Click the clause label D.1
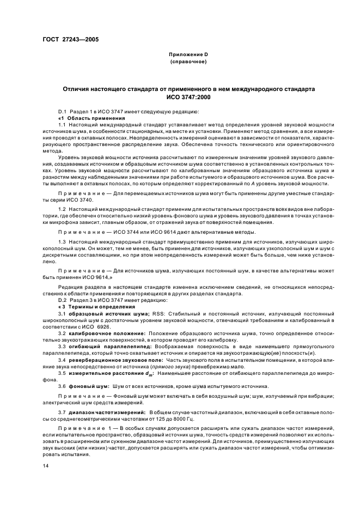coord(62,111)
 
